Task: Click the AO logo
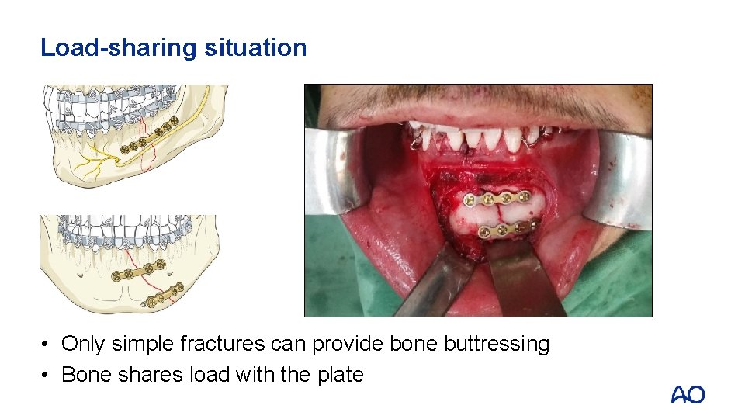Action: click(x=688, y=395)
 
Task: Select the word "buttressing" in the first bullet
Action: click(x=497, y=344)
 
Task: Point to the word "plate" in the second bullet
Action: click(x=340, y=375)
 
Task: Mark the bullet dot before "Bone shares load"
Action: click(x=47, y=376)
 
